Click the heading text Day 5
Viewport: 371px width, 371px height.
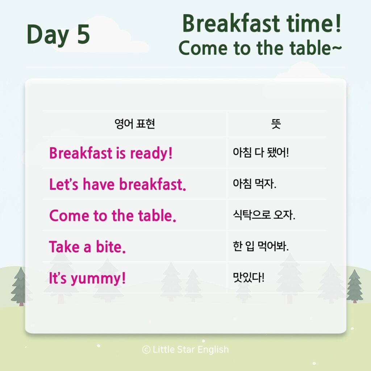(x=58, y=34)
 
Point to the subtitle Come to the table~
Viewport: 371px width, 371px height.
(x=260, y=48)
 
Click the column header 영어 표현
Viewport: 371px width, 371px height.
(x=135, y=124)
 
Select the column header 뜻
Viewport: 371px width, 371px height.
(x=276, y=124)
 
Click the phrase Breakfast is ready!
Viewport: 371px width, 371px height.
(x=111, y=153)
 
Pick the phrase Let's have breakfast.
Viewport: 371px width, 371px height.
(x=118, y=184)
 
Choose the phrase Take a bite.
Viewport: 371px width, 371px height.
(x=87, y=246)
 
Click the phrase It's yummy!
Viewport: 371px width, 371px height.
(x=87, y=278)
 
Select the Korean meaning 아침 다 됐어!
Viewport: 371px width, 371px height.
(x=261, y=152)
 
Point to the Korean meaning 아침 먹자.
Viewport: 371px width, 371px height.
(x=255, y=183)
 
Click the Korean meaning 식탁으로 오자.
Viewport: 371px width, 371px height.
(x=264, y=214)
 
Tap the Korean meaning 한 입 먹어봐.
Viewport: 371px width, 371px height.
(x=261, y=246)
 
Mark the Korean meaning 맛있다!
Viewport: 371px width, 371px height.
(x=249, y=277)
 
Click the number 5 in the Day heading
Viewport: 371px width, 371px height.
(x=84, y=34)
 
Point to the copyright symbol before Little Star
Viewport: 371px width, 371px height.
(x=146, y=350)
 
